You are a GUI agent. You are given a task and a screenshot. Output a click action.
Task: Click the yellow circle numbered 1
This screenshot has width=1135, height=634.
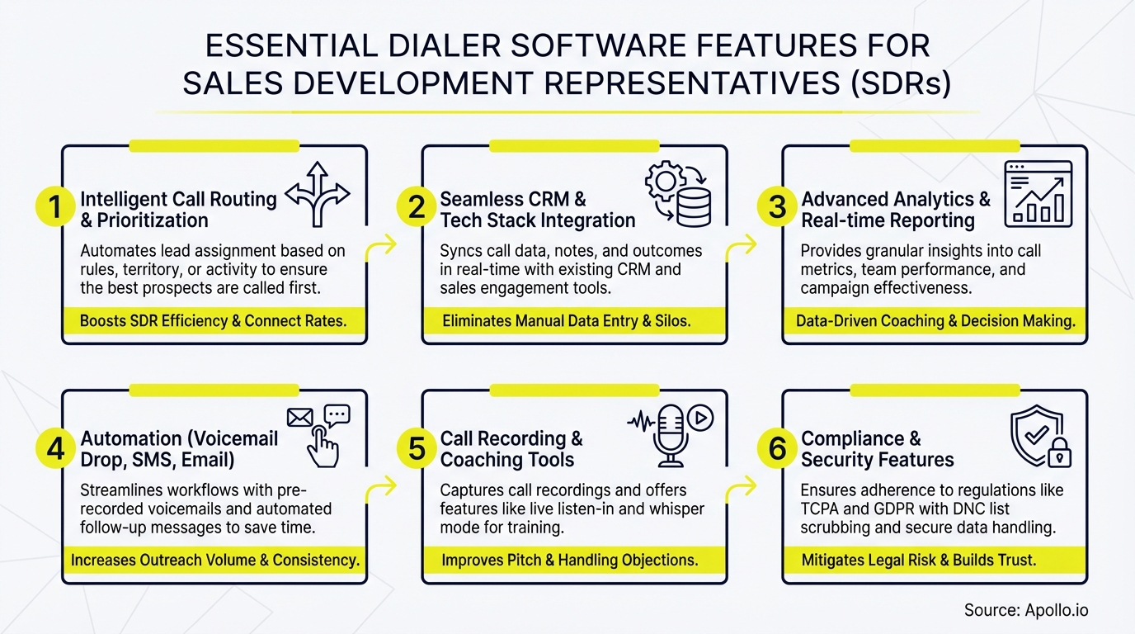click(x=55, y=208)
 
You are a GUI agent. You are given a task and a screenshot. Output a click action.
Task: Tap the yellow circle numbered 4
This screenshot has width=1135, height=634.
click(x=55, y=448)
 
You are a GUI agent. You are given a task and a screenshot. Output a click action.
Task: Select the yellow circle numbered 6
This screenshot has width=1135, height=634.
click(x=777, y=448)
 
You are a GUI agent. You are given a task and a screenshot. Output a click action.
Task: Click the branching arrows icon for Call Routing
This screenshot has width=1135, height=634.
click(x=318, y=194)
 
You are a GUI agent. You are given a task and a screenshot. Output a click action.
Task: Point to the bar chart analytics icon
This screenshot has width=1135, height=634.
click(x=1038, y=194)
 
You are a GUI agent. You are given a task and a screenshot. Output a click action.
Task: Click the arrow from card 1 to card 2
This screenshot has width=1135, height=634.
click(x=384, y=246)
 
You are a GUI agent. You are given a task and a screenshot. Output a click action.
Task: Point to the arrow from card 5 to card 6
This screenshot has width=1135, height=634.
click(x=744, y=489)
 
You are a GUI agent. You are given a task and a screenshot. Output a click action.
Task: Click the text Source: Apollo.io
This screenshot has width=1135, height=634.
click(x=1026, y=610)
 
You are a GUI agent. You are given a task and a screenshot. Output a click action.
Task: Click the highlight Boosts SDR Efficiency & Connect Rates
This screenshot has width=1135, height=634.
click(x=213, y=321)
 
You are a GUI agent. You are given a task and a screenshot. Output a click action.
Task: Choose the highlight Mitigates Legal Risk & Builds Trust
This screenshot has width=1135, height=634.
click(x=918, y=561)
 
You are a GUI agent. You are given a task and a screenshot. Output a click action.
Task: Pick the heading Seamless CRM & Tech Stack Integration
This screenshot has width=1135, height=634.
click(x=537, y=210)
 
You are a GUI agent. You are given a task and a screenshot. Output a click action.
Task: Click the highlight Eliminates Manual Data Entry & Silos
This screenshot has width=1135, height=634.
click(x=566, y=321)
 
